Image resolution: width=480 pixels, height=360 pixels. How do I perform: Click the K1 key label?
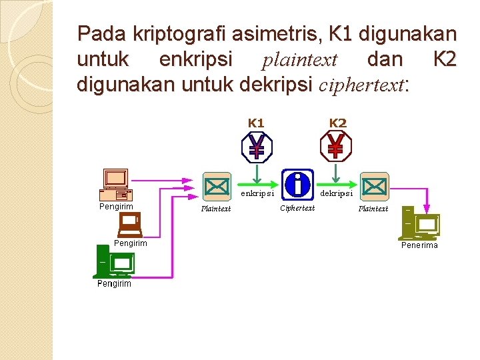[256, 123]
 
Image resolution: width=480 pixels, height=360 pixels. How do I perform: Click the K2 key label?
[338, 123]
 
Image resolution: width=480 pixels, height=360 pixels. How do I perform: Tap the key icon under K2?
[336, 147]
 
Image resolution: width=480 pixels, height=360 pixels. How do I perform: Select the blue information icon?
[297, 184]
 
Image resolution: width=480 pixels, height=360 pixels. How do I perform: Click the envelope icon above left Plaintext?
[216, 186]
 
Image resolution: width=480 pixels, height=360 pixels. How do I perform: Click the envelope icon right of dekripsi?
[374, 186]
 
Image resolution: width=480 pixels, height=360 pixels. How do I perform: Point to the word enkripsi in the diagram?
[257, 194]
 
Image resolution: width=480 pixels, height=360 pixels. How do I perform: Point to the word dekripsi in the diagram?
[337, 194]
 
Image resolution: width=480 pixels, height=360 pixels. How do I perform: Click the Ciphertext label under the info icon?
[297, 209]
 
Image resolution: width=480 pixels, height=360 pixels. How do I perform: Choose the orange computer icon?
[115, 185]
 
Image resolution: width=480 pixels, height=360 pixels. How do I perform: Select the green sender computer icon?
[113, 261]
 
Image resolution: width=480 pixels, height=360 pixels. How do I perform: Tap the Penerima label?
[419, 245]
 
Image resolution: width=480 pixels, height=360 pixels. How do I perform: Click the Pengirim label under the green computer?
[114, 283]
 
